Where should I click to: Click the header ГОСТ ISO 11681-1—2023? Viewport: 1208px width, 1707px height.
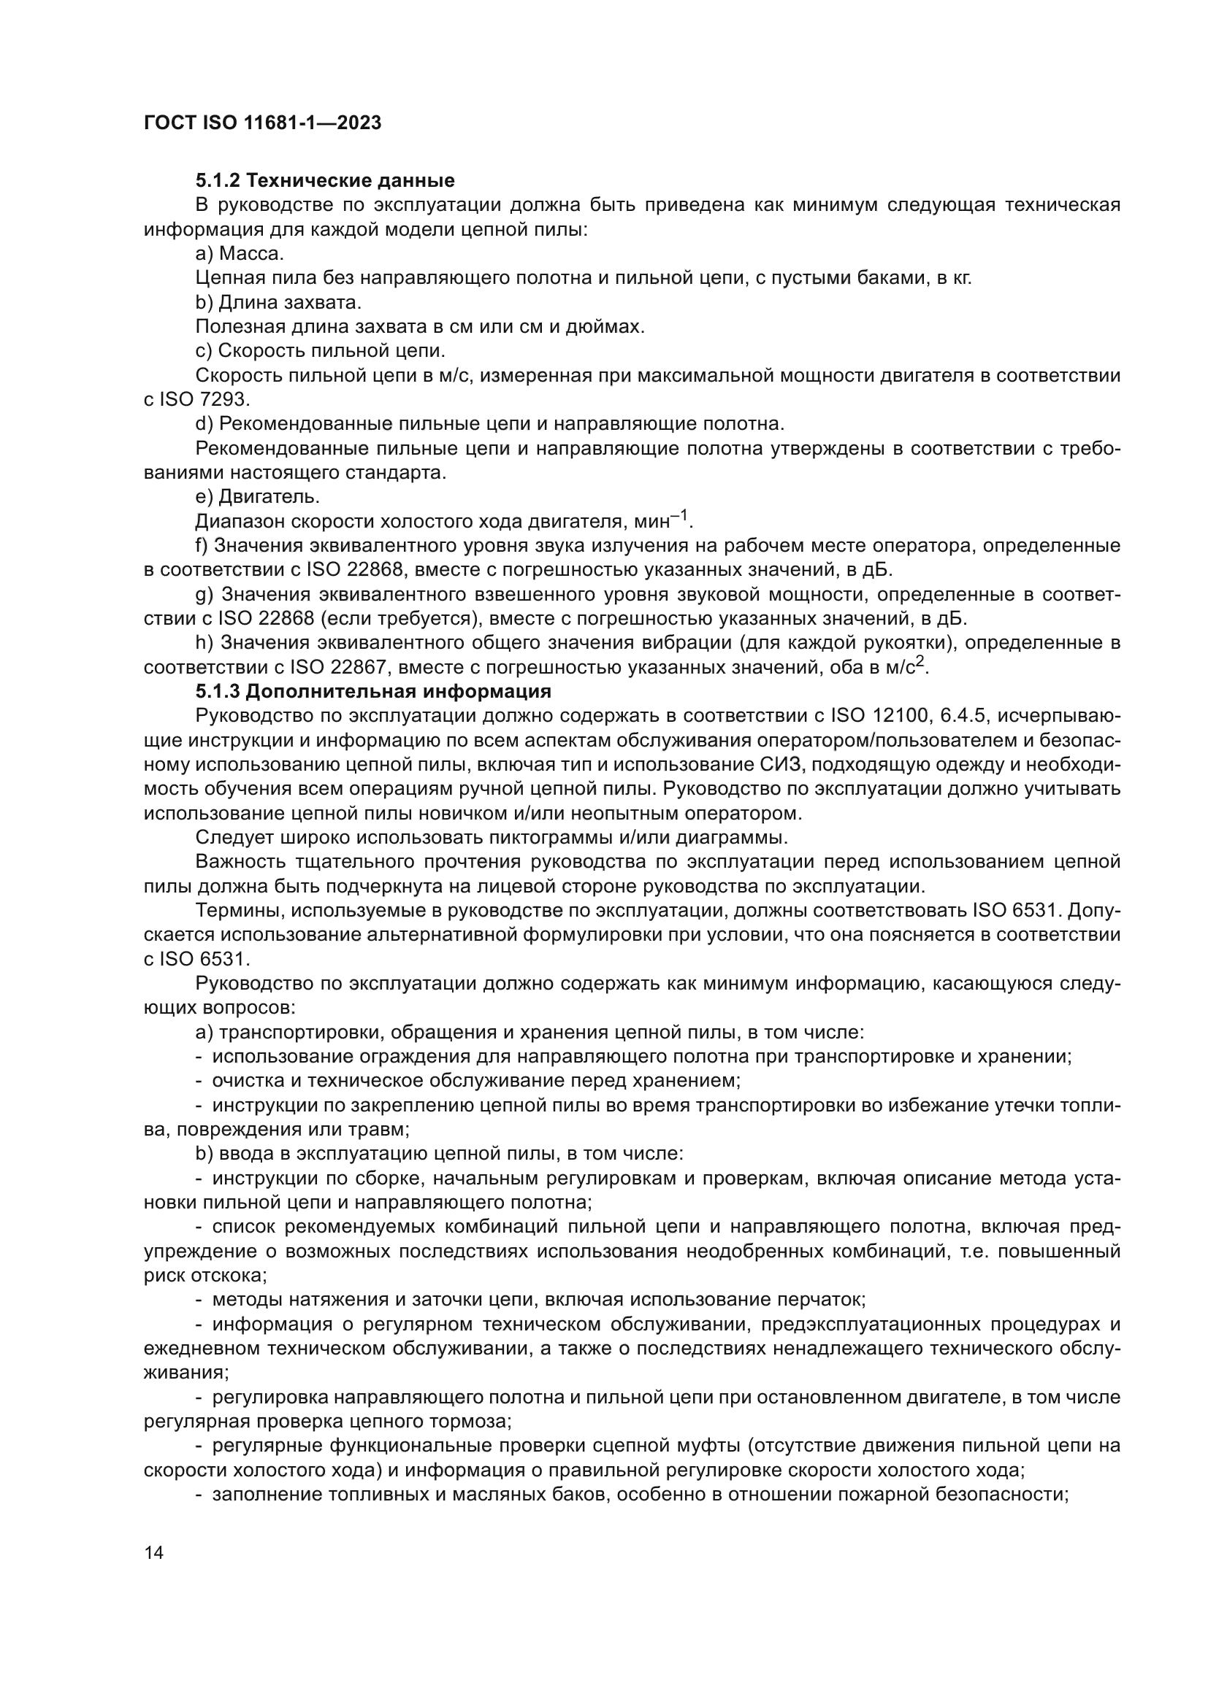(263, 123)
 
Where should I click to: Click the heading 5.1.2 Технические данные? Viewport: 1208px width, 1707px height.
(325, 181)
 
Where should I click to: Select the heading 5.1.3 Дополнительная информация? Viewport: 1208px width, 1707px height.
(372, 691)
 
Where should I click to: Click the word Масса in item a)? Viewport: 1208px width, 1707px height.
(251, 254)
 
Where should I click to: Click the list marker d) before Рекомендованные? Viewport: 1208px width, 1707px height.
(204, 425)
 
